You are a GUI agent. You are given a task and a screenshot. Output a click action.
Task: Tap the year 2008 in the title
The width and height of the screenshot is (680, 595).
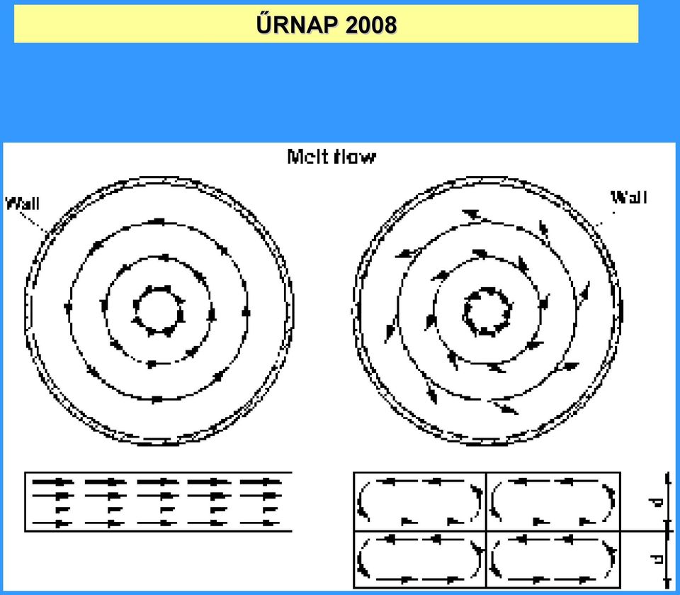click(x=371, y=25)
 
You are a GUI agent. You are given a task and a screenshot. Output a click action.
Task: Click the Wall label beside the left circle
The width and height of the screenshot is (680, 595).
click(x=22, y=204)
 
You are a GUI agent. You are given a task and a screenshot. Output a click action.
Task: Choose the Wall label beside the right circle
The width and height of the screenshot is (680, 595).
click(x=629, y=197)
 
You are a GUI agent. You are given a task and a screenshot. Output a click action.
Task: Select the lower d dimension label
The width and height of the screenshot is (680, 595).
click(x=657, y=559)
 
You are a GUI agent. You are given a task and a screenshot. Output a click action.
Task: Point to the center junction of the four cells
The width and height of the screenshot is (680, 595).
click(x=486, y=530)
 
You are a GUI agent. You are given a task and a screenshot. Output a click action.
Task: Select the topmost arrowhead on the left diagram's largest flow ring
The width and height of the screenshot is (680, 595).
click(x=157, y=222)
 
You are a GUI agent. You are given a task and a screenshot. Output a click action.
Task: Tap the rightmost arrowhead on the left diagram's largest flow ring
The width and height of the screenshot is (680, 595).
click(x=246, y=312)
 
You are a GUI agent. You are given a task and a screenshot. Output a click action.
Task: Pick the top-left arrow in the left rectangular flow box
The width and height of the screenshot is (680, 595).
click(x=52, y=482)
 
